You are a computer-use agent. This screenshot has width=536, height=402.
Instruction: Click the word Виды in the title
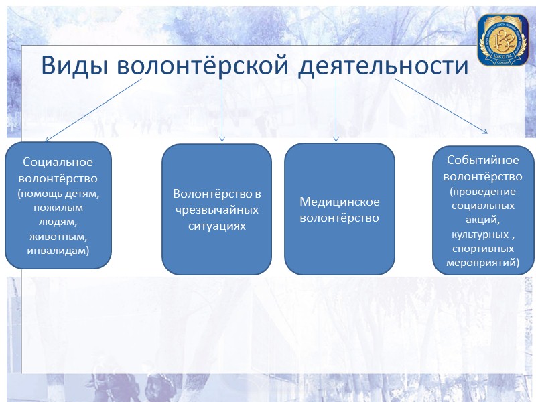[x=74, y=66]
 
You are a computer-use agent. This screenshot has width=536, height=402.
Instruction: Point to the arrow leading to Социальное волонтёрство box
[x=94, y=110]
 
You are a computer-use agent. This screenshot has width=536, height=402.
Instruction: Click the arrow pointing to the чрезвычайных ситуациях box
[x=222, y=110]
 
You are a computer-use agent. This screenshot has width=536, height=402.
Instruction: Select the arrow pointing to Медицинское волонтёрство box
[x=336, y=110]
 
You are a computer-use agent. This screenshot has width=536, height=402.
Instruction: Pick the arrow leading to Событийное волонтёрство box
[x=442, y=106]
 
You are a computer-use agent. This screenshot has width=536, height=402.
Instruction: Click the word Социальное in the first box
[x=58, y=162]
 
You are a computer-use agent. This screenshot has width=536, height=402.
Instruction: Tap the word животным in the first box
[x=58, y=237]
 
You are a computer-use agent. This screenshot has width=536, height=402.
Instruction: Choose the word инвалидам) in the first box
[x=58, y=251]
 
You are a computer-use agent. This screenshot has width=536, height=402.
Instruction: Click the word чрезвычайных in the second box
[x=216, y=210]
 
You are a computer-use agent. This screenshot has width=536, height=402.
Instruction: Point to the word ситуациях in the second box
[x=216, y=226]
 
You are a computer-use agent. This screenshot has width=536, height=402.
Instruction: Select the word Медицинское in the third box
[x=340, y=202]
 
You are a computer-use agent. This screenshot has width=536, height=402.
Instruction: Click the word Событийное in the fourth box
[x=482, y=161]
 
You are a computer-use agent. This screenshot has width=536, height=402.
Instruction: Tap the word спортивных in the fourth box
[x=482, y=249]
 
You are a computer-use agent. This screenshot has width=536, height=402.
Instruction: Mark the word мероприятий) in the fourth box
[x=482, y=263]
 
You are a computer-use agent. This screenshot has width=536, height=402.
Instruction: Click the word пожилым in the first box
[x=58, y=208]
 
